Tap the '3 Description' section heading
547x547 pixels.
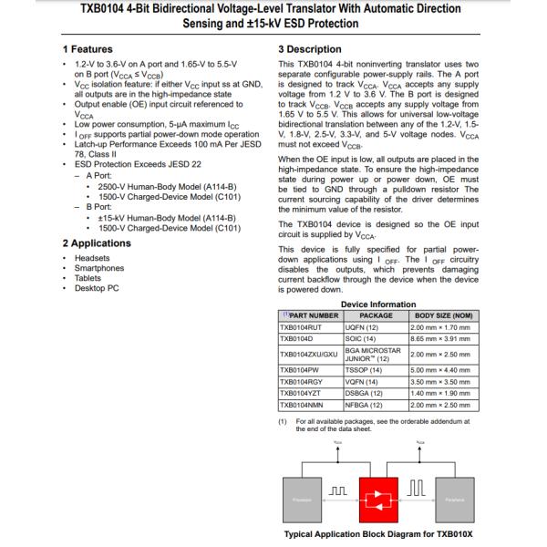tap(311, 48)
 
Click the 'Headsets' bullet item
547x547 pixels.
tap(93, 258)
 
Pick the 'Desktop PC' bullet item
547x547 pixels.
tap(98, 288)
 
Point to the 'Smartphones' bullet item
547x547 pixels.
tap(100, 268)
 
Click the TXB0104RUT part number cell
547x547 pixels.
tap(305, 325)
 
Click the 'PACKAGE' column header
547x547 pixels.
tap(376, 315)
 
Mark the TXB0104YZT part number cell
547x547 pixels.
tap(305, 392)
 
